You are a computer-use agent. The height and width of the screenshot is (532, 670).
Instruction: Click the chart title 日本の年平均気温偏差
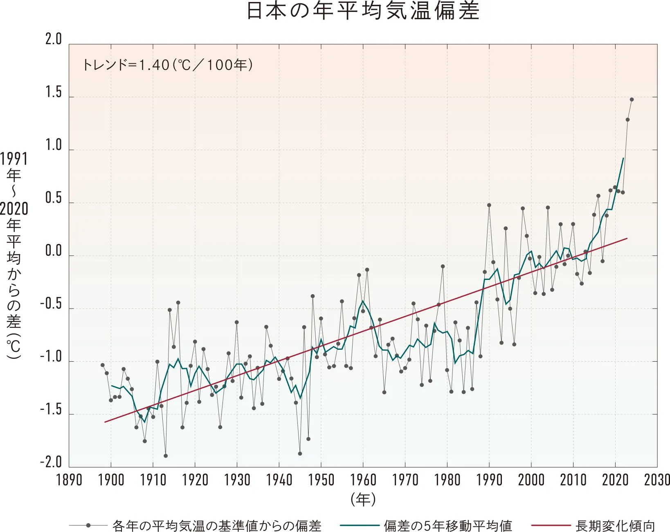[x=362, y=11]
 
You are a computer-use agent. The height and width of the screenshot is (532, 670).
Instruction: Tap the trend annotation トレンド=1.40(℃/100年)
[x=167, y=65]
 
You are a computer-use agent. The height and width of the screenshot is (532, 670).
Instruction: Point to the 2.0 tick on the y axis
[x=54, y=40]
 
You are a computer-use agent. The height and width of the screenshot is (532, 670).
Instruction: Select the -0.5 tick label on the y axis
[x=51, y=304]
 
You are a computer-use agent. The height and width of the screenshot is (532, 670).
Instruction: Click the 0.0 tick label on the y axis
[x=54, y=251]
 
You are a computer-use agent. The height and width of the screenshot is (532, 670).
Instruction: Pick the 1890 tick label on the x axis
[x=69, y=480]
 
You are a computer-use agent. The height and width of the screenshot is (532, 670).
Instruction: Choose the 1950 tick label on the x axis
[x=321, y=480]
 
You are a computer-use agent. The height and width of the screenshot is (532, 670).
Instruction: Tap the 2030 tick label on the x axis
[x=657, y=480]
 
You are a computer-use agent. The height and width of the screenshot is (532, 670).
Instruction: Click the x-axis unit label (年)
[x=363, y=499]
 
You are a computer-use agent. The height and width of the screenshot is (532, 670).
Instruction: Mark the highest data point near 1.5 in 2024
[x=632, y=99]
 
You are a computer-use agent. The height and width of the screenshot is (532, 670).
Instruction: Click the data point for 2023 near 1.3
[x=627, y=120]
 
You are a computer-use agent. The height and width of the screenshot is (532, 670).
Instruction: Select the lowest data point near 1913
[x=166, y=456]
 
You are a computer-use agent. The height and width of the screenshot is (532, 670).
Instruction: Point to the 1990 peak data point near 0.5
[x=489, y=205]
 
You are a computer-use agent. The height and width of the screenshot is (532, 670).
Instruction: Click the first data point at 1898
[x=103, y=365]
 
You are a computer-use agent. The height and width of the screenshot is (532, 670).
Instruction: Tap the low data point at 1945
[x=300, y=454]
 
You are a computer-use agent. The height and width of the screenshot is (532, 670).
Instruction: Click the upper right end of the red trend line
[x=627, y=238]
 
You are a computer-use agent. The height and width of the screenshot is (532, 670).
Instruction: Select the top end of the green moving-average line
[x=623, y=158]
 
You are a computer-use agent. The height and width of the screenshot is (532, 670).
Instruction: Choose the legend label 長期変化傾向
[x=615, y=525]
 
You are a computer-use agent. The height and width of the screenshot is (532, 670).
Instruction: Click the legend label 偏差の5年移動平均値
[x=447, y=525]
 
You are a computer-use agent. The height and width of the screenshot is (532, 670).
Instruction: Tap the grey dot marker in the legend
[x=88, y=525]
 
